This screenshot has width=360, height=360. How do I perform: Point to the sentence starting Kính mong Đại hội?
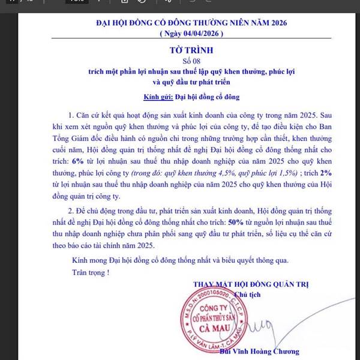(179, 260)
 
